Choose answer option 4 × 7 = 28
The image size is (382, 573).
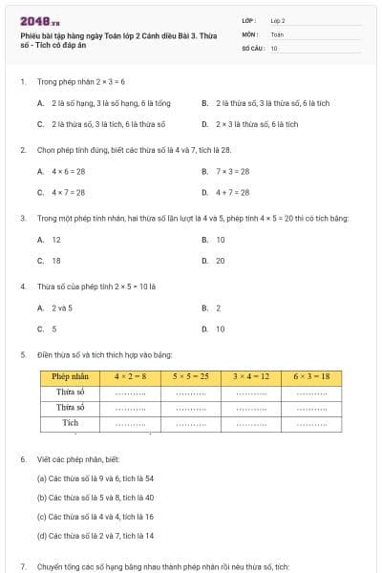68,192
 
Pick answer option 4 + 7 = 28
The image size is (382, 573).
232,192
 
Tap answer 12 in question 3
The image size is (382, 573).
56,240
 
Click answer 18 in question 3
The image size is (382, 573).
56,260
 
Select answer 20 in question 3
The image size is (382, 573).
221,260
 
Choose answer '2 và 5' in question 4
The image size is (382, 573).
62,308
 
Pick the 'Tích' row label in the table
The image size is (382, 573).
70,421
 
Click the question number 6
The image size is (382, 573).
22,459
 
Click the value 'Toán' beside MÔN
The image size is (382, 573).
277,32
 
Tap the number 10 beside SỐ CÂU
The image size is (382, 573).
274,47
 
